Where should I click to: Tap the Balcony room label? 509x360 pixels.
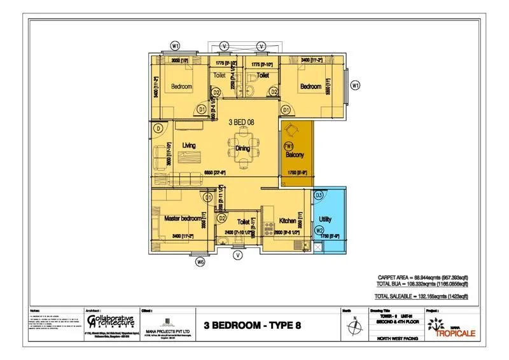point(294,155)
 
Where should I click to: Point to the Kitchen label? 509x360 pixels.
point(288,221)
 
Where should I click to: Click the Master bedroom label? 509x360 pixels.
point(183,218)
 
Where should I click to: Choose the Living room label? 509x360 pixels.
point(189,146)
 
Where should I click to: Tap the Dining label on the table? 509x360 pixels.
point(243,148)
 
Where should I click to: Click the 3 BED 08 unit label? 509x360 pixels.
point(243,121)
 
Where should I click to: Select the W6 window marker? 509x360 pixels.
point(200,261)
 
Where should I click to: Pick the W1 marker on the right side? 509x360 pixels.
point(356,85)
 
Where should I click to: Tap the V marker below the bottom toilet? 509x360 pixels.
point(237,255)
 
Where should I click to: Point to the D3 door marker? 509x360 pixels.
point(318,195)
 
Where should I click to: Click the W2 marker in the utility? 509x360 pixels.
point(320,230)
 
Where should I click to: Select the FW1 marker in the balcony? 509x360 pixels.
point(288,146)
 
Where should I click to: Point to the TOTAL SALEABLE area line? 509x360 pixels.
point(421,296)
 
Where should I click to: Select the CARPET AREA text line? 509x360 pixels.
point(421,278)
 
